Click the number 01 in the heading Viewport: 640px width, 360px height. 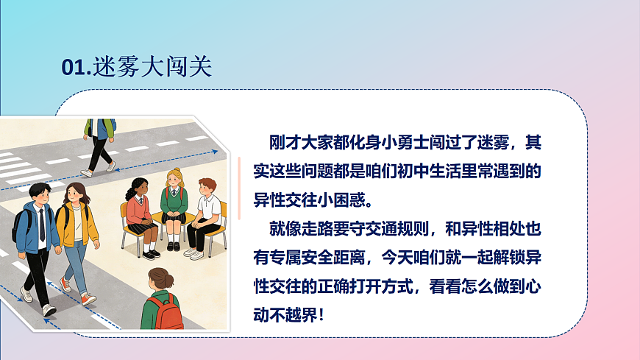[x=74, y=67]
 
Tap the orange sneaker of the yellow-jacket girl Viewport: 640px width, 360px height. [x=88, y=298]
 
